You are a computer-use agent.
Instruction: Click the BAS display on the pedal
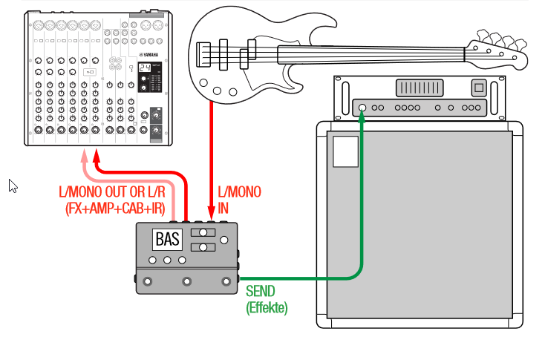coord(167,240)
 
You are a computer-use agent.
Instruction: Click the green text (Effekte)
coord(267,306)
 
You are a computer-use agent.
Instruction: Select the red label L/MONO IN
coord(239,199)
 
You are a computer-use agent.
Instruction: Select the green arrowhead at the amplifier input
coord(362,117)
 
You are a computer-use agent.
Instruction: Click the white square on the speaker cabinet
coord(345,151)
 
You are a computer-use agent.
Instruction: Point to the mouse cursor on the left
coord(13,185)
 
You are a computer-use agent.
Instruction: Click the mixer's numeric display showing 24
coord(146,68)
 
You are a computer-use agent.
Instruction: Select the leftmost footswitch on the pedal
coord(147,281)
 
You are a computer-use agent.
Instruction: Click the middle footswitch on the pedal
coord(186,281)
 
